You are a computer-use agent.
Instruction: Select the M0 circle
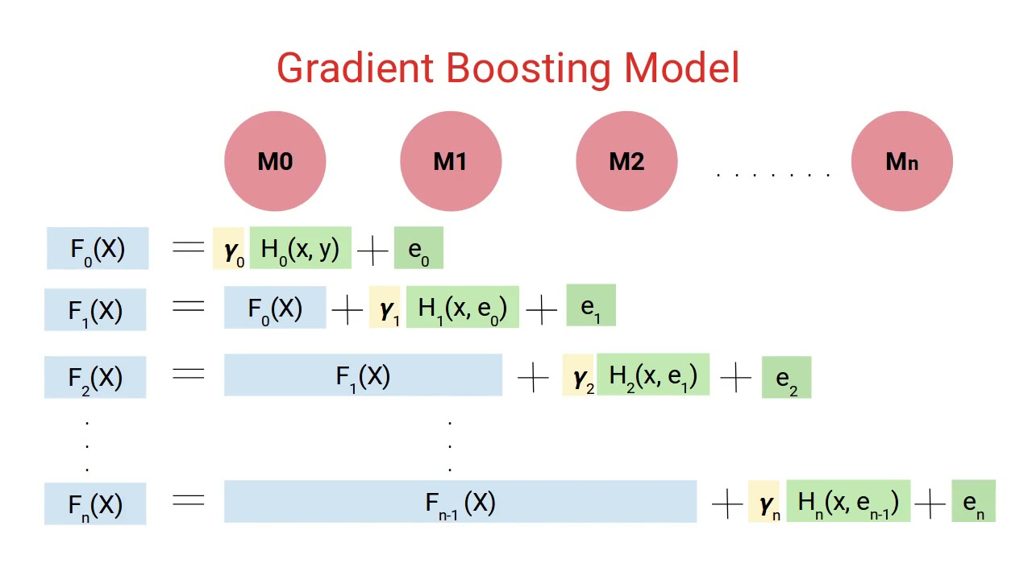click(x=275, y=161)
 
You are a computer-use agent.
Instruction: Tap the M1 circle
click(x=451, y=161)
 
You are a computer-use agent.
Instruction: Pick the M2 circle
click(x=626, y=161)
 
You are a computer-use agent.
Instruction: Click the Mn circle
click(x=902, y=161)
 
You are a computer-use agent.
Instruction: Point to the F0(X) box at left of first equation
click(x=98, y=249)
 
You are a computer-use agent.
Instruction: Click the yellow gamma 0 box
click(x=229, y=249)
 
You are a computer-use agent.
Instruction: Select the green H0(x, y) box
click(x=301, y=248)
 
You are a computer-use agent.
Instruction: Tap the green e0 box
click(x=418, y=249)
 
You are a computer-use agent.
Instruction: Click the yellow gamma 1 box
click(x=385, y=308)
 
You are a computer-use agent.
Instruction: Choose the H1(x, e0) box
click(x=463, y=308)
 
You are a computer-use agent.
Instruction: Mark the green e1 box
click(x=591, y=306)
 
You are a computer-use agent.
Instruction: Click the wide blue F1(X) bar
click(x=363, y=375)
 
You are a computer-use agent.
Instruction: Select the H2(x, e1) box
click(x=653, y=375)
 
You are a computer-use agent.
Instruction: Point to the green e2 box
click(x=786, y=378)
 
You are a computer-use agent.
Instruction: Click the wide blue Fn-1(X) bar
click(x=460, y=502)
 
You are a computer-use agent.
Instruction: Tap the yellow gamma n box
click(x=764, y=502)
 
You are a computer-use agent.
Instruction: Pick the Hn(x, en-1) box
click(x=848, y=502)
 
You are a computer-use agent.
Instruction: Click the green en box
click(x=973, y=501)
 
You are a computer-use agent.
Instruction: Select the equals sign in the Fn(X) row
click(x=188, y=501)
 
